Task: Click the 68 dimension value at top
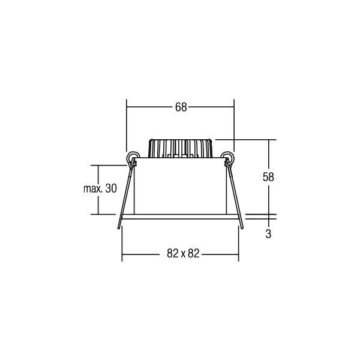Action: click(x=181, y=107)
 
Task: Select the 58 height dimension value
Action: click(x=268, y=177)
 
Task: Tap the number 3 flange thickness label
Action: click(x=268, y=235)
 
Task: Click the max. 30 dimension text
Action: click(x=100, y=188)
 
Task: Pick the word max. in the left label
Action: click(x=91, y=188)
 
